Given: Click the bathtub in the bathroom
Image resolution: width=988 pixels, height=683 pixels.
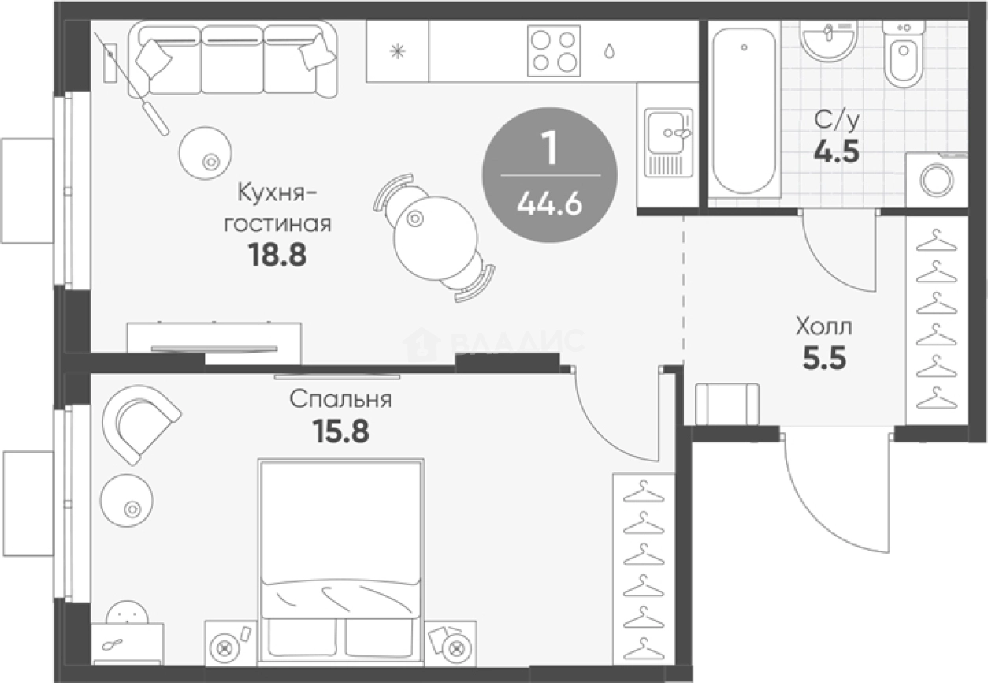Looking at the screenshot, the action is tap(744, 110).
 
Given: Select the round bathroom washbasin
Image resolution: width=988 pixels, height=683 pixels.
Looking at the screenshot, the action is tap(829, 41).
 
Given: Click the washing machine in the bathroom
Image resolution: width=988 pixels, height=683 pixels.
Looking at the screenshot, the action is tap(937, 180).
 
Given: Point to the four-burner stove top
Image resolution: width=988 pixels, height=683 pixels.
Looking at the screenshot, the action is tap(554, 50).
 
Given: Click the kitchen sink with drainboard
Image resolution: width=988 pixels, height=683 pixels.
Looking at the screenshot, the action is tap(669, 143).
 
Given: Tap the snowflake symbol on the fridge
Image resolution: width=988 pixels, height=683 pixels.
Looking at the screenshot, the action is tap(397, 51).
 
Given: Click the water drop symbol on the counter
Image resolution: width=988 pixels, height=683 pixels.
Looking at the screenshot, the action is tap(609, 50).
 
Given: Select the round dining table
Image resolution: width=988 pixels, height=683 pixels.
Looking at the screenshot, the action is tap(436, 238).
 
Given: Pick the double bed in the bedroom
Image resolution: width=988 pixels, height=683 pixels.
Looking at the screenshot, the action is tap(340, 561).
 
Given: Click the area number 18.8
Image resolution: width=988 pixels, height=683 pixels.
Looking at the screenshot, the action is tap(277, 256).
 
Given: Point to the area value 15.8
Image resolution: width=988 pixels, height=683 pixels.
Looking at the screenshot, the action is tap(340, 431).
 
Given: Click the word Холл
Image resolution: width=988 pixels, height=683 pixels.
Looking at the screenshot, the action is tap(824, 327).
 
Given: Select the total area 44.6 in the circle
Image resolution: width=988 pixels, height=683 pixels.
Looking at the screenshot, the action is tap(550, 204).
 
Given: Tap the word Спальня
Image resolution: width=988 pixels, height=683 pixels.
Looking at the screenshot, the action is tap(340, 400).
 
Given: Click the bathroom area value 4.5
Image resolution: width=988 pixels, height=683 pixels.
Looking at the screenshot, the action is tap(836, 151).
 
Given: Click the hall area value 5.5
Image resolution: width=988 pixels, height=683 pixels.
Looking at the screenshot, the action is tap(824, 357).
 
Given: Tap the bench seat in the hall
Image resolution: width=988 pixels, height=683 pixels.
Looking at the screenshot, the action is tap(727, 404).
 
